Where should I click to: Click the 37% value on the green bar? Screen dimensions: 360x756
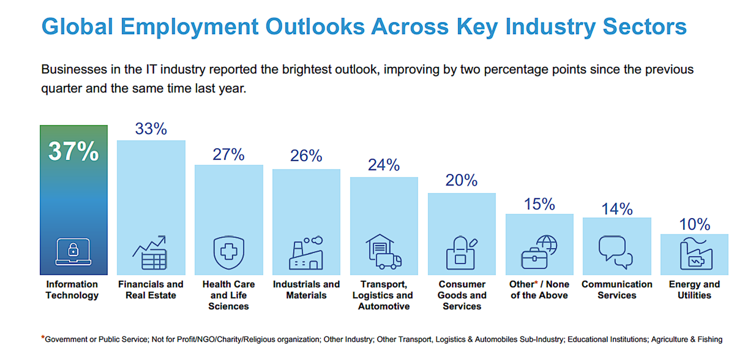[x=73, y=152]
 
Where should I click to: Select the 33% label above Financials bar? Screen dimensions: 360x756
[x=151, y=129]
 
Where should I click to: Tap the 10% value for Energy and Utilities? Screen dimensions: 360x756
[x=694, y=225]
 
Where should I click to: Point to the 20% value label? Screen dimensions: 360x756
[x=462, y=181]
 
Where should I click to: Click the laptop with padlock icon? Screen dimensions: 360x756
[x=73, y=252]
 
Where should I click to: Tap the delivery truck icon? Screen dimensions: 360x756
[x=383, y=252]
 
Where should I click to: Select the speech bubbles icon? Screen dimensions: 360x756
[x=615, y=253]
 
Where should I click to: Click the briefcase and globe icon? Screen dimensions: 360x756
[x=539, y=252]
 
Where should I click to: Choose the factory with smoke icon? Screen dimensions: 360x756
[x=306, y=253]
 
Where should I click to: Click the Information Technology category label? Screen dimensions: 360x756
[x=72, y=290]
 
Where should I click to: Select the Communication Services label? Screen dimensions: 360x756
[x=617, y=290]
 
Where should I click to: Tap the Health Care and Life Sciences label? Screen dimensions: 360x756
[x=228, y=295]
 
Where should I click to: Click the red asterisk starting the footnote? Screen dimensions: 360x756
[x=43, y=338]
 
